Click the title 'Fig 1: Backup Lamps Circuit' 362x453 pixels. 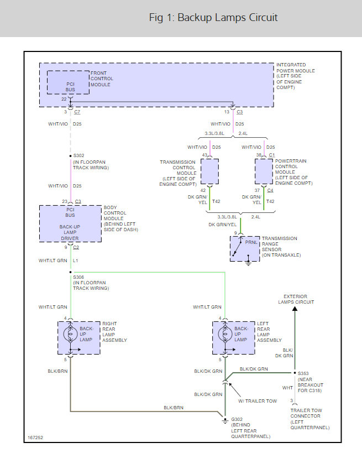pyautogui.click(x=213, y=18)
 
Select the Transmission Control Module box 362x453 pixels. pyautogui.click(x=209, y=171)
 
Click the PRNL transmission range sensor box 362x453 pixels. pyautogui.click(x=245, y=248)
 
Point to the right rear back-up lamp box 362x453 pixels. pyautogui.click(x=70, y=337)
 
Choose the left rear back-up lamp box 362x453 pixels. pyautogui.click(x=224, y=337)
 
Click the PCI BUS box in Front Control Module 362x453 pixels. pyautogui.click(x=68, y=83)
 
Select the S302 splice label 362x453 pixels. pyautogui.click(x=78, y=156)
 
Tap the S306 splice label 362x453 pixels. pyautogui.click(x=78, y=278)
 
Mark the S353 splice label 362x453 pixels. pyautogui.click(x=303, y=373)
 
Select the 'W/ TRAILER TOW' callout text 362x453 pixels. pyautogui.click(x=256, y=400)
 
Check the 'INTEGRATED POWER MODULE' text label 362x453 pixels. pyautogui.click(x=295, y=68)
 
